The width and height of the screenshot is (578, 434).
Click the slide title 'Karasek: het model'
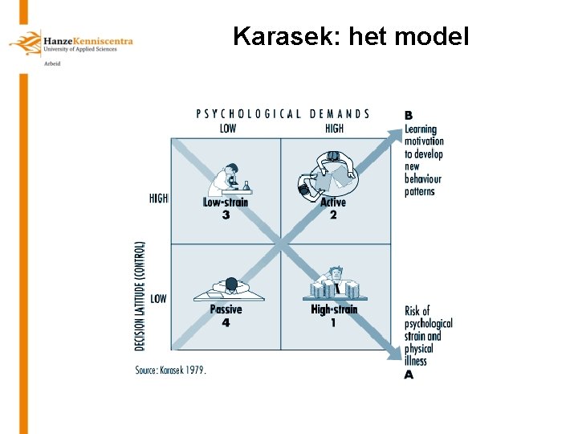(x=351, y=36)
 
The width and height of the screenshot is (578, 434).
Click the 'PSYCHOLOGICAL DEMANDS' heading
(x=283, y=114)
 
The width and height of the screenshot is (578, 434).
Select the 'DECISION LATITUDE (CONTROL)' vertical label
(x=141, y=295)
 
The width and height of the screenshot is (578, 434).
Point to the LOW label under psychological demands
(x=228, y=128)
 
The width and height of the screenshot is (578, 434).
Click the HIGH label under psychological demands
(x=334, y=128)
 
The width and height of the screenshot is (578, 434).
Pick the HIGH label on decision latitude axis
(x=159, y=199)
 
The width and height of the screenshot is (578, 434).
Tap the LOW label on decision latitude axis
(x=159, y=299)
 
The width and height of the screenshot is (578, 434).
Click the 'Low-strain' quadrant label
(x=226, y=203)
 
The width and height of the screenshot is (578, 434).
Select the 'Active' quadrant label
(x=333, y=203)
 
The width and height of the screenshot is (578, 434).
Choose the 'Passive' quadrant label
(x=226, y=309)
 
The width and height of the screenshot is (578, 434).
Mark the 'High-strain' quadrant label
(x=334, y=309)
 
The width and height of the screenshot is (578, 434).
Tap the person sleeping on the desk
(x=230, y=286)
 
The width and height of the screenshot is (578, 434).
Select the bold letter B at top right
(x=409, y=115)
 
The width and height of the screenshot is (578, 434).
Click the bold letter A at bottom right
(x=409, y=375)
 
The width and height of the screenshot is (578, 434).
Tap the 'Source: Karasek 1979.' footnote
(x=170, y=371)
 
